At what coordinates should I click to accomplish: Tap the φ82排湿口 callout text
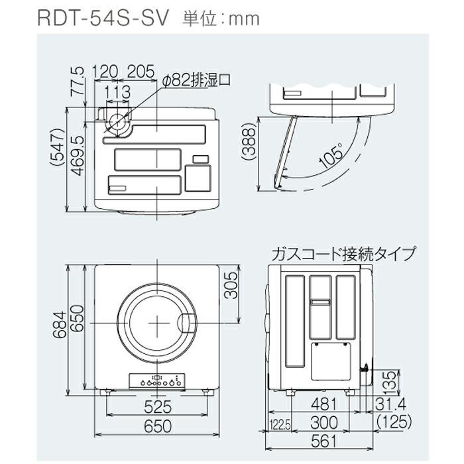196,80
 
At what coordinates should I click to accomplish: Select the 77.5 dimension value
78,81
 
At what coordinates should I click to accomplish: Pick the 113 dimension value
117,91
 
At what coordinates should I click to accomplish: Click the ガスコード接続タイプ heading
343,253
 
